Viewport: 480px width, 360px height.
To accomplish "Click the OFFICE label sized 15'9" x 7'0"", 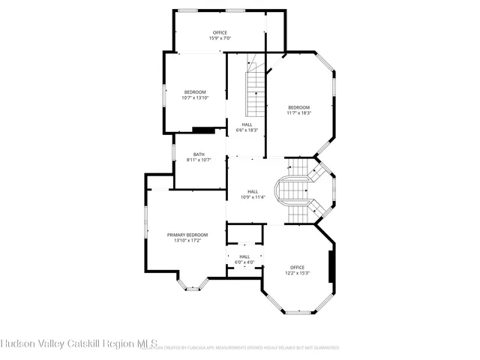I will click(x=220, y=32).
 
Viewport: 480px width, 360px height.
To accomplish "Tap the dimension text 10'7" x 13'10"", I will click(x=194, y=97).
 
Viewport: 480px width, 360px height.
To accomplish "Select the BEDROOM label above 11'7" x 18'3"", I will click(x=298, y=107).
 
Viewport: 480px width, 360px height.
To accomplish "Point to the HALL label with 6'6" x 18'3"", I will click(x=247, y=124).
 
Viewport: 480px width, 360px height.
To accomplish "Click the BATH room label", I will click(x=199, y=154).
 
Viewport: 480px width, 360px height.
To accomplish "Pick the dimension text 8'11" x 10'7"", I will click(x=199, y=160).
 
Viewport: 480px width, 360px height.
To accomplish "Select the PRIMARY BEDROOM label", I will click(x=187, y=235).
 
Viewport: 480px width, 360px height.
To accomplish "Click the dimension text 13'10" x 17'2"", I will click(x=187, y=241).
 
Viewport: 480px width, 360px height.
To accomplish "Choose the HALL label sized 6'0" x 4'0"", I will click(x=244, y=256).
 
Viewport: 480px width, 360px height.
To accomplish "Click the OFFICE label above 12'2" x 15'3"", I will click(x=297, y=267).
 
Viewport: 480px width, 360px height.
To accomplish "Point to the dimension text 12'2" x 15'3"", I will click(x=297, y=273).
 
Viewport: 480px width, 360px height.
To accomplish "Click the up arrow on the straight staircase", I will click(x=256, y=95).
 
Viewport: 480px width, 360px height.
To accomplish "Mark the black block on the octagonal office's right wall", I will click(x=331, y=266).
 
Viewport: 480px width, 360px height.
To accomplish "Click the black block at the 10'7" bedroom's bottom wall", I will click(x=203, y=130).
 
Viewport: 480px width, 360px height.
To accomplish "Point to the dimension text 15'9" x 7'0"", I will click(x=220, y=38).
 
